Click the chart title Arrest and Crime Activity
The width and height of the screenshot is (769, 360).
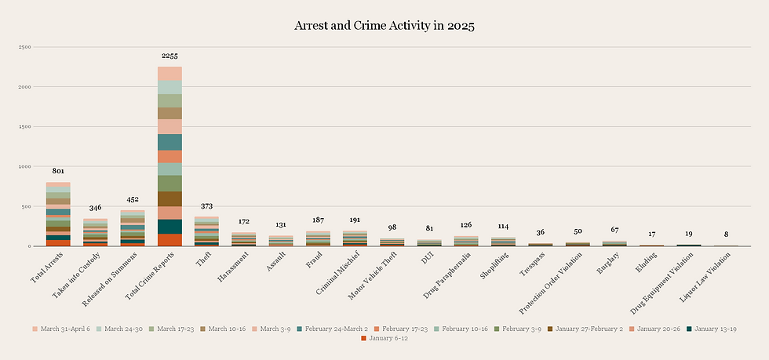click(384, 25)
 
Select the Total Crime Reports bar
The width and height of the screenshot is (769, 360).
click(169, 157)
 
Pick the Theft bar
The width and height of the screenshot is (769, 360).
click(207, 231)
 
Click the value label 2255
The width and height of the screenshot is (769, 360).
click(169, 56)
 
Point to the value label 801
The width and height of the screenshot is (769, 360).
click(58, 171)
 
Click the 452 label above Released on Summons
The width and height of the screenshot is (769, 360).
click(133, 199)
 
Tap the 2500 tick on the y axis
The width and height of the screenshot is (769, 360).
click(24, 47)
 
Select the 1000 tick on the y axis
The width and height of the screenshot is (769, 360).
click(24, 166)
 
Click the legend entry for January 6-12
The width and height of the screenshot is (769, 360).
click(388, 339)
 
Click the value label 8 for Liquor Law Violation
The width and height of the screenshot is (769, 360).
click(727, 234)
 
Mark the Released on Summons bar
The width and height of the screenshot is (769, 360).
click(133, 228)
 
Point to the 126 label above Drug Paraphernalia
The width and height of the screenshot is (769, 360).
click(466, 226)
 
